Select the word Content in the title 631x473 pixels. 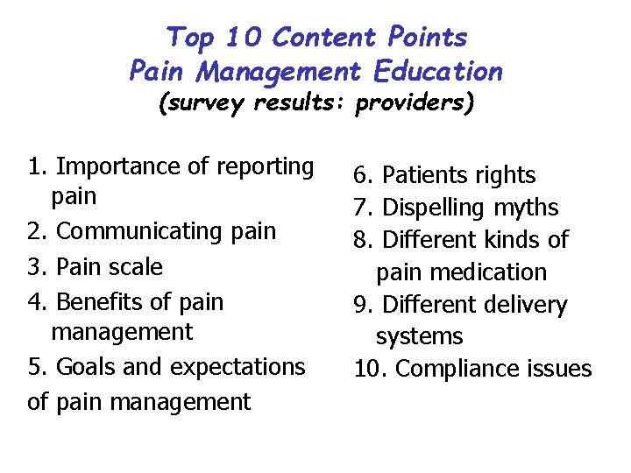tap(323, 38)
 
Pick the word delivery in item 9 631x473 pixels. tap(523, 305)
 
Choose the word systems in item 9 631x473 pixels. tap(419, 336)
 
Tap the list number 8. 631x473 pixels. tap(363, 240)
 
